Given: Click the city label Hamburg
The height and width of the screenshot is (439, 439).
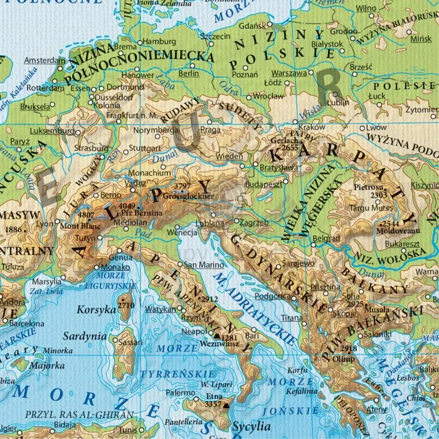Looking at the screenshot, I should click(x=159, y=41).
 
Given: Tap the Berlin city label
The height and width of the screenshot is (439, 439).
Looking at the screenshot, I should click(x=189, y=73).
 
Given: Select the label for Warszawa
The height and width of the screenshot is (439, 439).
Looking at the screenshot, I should click(x=289, y=73).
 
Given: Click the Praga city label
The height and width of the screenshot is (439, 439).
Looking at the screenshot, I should click(x=210, y=129).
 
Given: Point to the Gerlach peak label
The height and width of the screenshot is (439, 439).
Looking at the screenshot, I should click(x=280, y=141).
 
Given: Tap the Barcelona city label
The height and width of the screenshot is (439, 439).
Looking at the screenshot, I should click(x=26, y=324).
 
